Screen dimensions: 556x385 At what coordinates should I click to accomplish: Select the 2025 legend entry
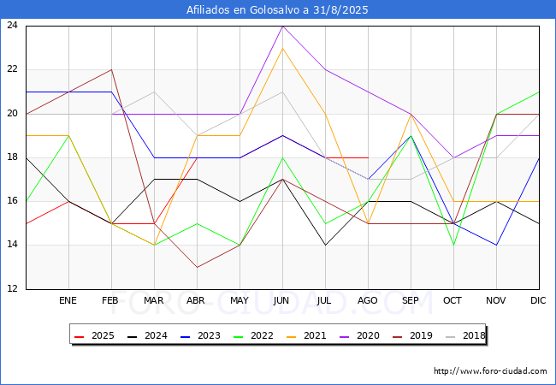[x=95, y=335]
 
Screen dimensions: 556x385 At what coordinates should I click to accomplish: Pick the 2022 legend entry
[x=253, y=335]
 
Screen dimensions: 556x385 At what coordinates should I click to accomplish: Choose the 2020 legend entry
[x=359, y=335]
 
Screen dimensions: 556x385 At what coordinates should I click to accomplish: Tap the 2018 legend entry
[x=465, y=335]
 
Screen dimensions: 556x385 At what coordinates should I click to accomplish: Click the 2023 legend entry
[x=201, y=335]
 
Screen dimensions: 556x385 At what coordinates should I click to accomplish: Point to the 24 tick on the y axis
[x=12, y=25]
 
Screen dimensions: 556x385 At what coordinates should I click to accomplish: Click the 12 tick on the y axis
[x=12, y=288]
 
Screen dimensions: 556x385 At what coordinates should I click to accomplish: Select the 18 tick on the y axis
[x=12, y=157]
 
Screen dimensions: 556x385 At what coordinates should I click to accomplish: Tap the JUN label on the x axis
[x=281, y=300]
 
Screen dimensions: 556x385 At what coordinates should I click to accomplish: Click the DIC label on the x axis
[x=538, y=300]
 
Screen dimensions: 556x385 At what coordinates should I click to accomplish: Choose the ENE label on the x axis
[x=68, y=300]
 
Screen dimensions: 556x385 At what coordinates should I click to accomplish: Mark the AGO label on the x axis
[x=367, y=300]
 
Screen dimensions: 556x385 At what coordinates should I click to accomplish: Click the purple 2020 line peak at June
[x=282, y=27]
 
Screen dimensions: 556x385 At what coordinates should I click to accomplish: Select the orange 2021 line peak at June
[x=282, y=48]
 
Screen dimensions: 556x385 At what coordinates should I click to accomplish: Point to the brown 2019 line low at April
[x=197, y=267]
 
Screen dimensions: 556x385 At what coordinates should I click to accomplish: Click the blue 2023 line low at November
[x=496, y=245]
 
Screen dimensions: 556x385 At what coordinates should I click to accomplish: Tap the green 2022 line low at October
[x=454, y=245]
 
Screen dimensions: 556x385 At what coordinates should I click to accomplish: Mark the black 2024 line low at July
[x=326, y=245]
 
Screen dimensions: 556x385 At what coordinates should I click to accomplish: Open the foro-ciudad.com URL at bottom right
[x=490, y=371]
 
